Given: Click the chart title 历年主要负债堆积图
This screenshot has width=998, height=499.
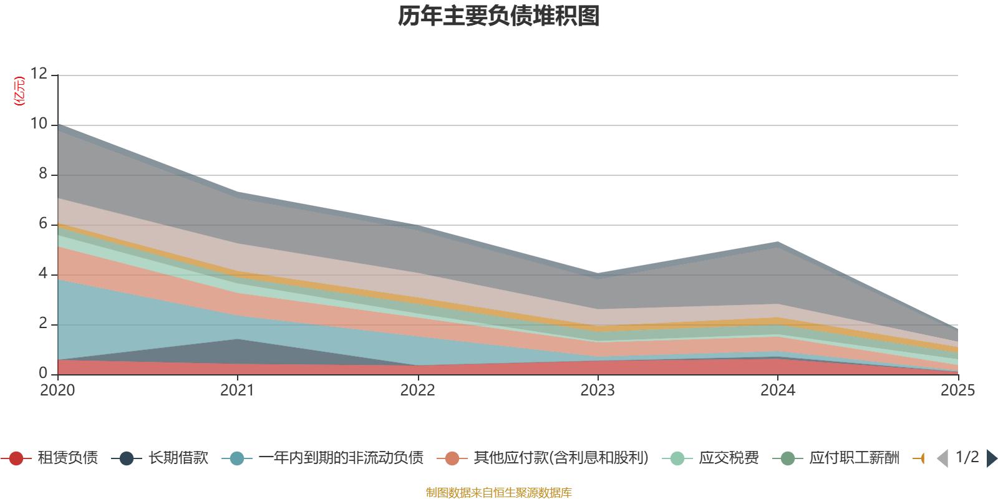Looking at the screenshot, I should pyautogui.click(x=499, y=16).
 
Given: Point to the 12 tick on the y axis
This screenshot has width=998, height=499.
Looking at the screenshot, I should pyautogui.click(x=39, y=74).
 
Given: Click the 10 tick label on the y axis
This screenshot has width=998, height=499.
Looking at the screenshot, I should pyautogui.click(x=39, y=124).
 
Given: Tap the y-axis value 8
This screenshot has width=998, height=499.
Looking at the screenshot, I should pyautogui.click(x=43, y=173).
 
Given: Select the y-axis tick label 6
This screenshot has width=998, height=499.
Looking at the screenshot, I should pyautogui.click(x=43, y=223).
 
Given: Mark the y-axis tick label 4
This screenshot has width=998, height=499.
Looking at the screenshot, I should pyautogui.click(x=43, y=273).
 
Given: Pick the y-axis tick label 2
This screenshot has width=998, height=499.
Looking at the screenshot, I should pyautogui.click(x=43, y=323).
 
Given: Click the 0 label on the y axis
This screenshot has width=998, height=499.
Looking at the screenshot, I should pyautogui.click(x=43, y=373).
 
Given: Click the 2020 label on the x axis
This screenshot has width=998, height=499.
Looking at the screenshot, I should pyautogui.click(x=57, y=390).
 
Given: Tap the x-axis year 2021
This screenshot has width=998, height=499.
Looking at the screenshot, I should pyautogui.click(x=238, y=390).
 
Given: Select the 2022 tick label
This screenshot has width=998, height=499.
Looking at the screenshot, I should pyautogui.click(x=417, y=390).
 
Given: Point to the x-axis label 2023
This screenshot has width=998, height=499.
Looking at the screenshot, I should pyautogui.click(x=598, y=390).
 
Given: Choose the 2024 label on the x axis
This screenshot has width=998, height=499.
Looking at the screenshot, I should pyautogui.click(x=777, y=390).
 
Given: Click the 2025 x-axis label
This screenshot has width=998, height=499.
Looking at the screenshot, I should pyautogui.click(x=957, y=390).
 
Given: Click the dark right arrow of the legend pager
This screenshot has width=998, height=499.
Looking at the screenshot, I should pyautogui.click(x=991, y=458).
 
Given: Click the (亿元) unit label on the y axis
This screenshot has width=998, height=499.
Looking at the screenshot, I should pyautogui.click(x=20, y=91).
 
